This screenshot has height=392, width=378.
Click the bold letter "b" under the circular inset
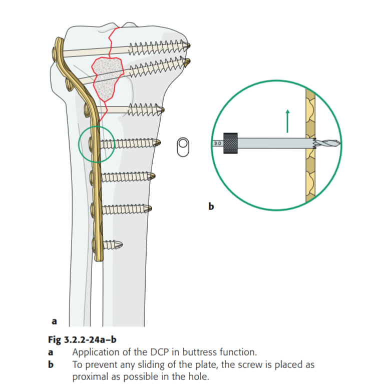(x=210, y=205)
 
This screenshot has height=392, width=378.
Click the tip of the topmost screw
(x=188, y=46)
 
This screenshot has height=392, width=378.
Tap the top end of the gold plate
(x=59, y=40)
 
